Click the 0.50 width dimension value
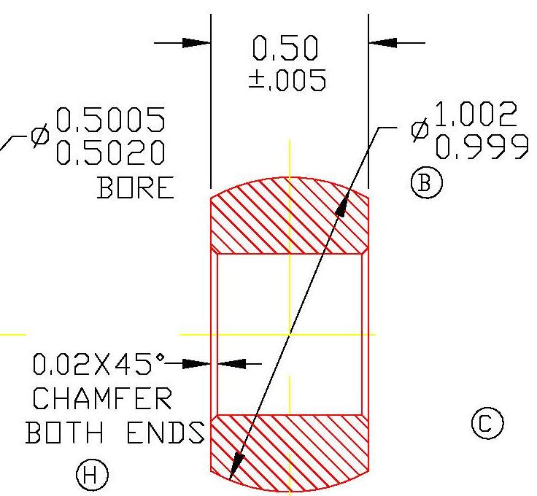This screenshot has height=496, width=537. pyautogui.click(x=285, y=48)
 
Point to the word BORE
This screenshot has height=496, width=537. pyautogui.click(x=136, y=187)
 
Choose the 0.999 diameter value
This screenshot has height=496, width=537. pyautogui.click(x=482, y=148)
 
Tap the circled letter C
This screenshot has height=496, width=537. pyautogui.click(x=488, y=424)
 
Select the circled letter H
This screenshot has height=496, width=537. pyautogui.click(x=91, y=477)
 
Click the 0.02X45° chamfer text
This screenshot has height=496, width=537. pyautogui.click(x=99, y=363)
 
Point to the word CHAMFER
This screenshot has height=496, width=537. pyautogui.click(x=103, y=398)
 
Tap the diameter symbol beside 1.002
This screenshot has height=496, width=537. pyautogui.click(x=419, y=131)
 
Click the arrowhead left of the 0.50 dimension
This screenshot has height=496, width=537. pyautogui.click(x=196, y=43)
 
